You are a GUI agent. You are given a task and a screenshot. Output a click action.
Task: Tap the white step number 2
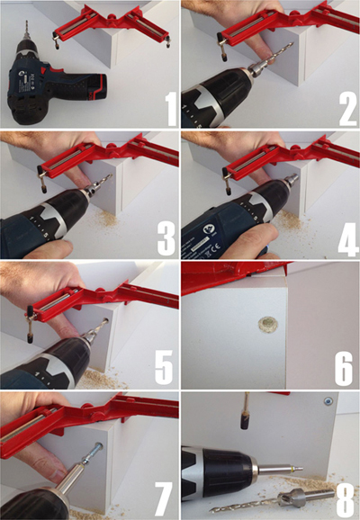tap(347, 109)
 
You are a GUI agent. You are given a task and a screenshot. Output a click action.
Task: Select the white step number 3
tap(166, 238)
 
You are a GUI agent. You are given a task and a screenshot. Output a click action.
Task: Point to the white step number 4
tap(348, 239)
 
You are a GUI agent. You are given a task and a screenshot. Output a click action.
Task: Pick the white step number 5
tap(164, 367)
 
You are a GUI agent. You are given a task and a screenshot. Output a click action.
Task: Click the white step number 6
tap(344, 368)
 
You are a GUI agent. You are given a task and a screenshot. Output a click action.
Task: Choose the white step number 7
tap(164, 498)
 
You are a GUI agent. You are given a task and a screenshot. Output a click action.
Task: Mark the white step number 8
tap(346, 499)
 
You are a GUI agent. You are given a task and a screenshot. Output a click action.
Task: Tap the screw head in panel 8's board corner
tap(328, 401)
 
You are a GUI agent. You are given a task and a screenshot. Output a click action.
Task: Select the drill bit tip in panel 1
tap(26, 22)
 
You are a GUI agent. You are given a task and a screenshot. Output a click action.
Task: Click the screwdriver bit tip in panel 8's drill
tap(301, 469)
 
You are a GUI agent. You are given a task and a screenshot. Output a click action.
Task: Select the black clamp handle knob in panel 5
tap(30, 337)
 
